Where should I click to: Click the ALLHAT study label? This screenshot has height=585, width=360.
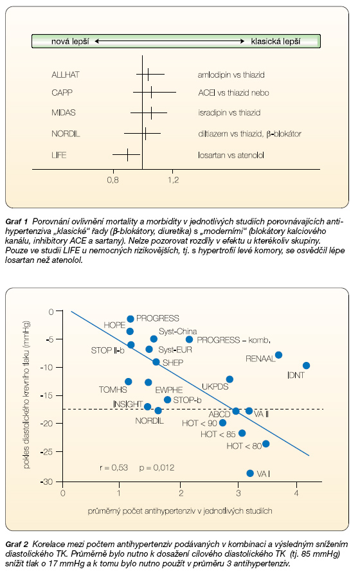66,75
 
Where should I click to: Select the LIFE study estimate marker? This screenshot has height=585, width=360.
127,154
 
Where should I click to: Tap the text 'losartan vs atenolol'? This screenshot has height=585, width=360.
231,155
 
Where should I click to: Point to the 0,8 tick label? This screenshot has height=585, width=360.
113,180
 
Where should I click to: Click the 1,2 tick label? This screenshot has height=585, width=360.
173,180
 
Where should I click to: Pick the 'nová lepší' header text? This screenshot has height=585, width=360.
70,41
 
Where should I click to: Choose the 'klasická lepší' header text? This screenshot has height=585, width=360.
276,41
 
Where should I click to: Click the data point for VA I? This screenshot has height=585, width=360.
250,473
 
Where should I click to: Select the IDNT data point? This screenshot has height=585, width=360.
306,366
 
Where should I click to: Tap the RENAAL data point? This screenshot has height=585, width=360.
278,355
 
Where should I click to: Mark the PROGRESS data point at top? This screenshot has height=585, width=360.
130,319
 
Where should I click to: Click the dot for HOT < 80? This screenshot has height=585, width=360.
265,444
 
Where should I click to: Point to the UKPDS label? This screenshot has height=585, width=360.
215,386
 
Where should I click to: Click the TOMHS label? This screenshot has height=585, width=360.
113,390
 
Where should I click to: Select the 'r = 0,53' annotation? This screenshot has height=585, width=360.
114,468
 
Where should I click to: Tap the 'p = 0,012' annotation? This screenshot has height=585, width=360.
157,468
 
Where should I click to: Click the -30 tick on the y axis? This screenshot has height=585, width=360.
47,482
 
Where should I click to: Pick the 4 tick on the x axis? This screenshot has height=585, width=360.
296,493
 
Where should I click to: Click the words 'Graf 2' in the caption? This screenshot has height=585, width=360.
17,544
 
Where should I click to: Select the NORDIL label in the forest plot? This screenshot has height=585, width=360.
66,134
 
